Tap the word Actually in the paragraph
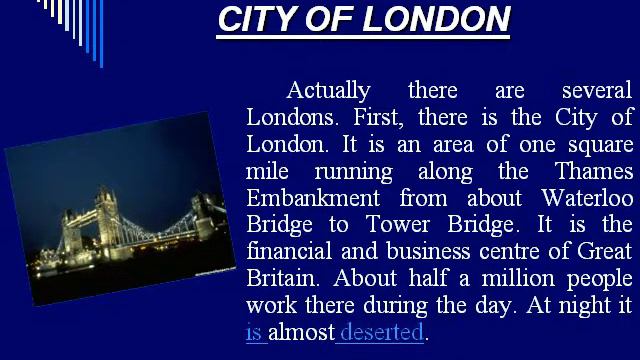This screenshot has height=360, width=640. pyautogui.click(x=328, y=90)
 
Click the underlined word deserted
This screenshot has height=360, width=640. pyautogui.click(x=382, y=332)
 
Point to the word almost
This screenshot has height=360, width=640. pyautogui.click(x=301, y=332)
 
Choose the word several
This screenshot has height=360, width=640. pyautogui.click(x=597, y=90)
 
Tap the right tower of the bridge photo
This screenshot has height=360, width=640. pyautogui.click(x=207, y=209)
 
